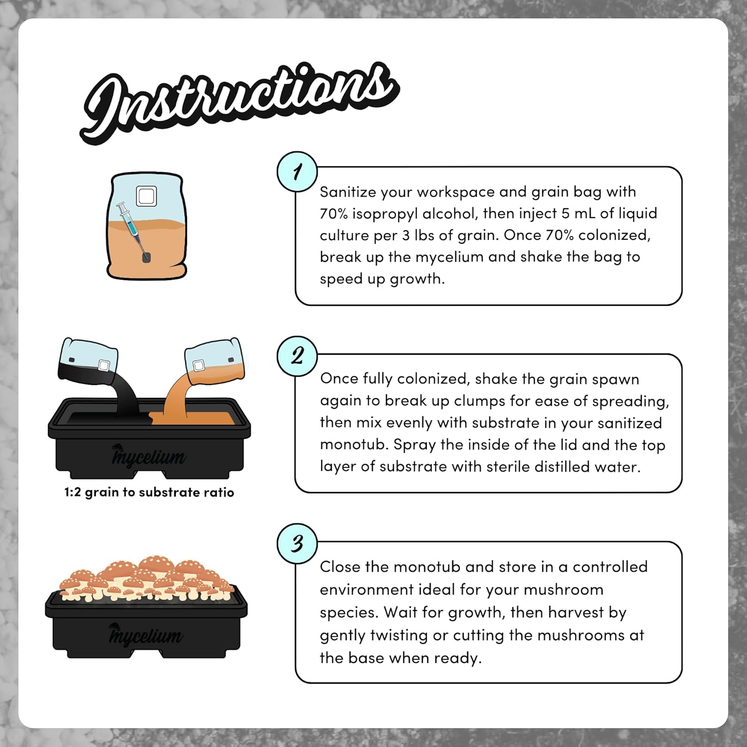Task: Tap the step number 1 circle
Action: [x=297, y=172]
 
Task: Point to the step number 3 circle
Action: [x=297, y=543]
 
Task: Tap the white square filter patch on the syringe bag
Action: [x=146, y=196]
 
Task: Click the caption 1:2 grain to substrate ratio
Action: [x=149, y=493]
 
